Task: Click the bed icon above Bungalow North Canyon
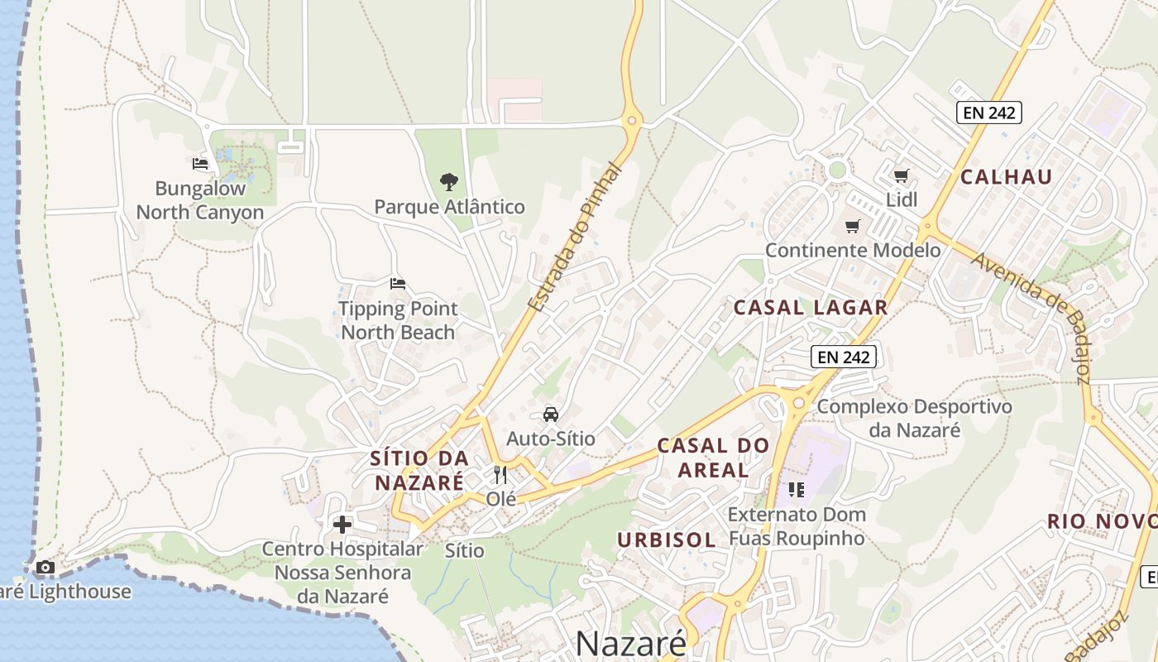click(x=200, y=164)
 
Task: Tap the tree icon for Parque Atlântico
click(x=449, y=181)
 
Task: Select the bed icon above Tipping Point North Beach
click(x=398, y=284)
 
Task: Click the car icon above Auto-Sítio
click(x=551, y=414)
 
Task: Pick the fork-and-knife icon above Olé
click(x=500, y=474)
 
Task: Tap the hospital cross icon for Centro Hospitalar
click(x=342, y=525)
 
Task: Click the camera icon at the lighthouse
click(x=45, y=568)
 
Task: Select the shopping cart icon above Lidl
click(x=902, y=175)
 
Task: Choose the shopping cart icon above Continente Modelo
click(x=853, y=226)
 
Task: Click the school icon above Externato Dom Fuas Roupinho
click(x=797, y=490)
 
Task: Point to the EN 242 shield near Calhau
click(x=989, y=113)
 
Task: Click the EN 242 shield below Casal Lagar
click(x=843, y=357)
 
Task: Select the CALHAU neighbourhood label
click(x=1007, y=176)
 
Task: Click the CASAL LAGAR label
click(x=811, y=308)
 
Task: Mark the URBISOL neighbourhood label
click(x=667, y=540)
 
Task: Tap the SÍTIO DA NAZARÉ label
click(x=419, y=470)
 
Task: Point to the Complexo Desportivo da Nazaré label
click(x=915, y=418)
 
